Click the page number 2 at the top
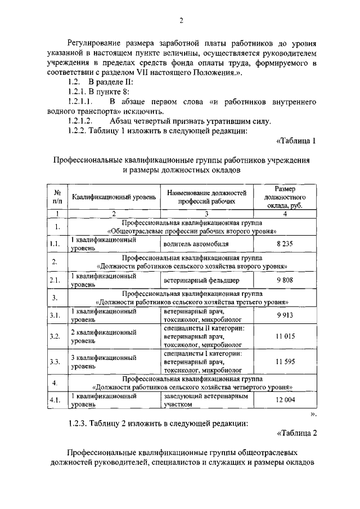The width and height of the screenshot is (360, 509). click(x=182, y=21)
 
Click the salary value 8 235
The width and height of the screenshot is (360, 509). click(x=286, y=244)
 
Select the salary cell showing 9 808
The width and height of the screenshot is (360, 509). click(x=286, y=280)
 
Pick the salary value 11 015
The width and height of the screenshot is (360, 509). click(x=286, y=336)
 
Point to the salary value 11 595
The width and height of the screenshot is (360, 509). click(x=286, y=362)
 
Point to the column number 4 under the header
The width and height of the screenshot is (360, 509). click(x=285, y=213)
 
